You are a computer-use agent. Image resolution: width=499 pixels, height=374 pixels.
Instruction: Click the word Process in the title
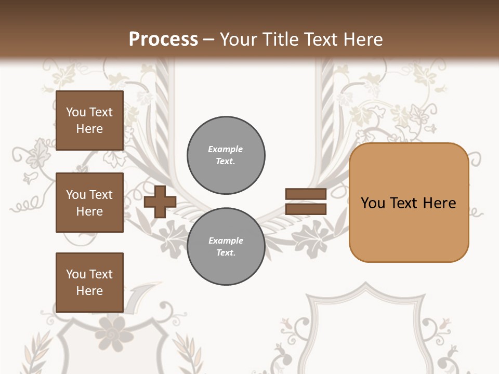[163, 39]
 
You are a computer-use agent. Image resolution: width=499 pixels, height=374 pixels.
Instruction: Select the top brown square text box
[89, 121]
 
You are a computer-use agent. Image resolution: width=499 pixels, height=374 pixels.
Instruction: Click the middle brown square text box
[89, 203]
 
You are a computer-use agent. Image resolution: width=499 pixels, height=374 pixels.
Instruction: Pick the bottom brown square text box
[89, 283]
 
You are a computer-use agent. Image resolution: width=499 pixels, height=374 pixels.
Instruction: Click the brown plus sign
[160, 203]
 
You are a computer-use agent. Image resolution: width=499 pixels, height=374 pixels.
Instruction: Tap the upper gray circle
[226, 155]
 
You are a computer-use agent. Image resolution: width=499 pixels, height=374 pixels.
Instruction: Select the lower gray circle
[226, 247]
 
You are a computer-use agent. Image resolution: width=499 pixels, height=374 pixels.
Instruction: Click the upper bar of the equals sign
[306, 194]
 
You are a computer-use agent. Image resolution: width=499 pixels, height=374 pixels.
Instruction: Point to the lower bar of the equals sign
[306, 209]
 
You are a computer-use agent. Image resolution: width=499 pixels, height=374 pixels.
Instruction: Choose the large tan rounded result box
[409, 203]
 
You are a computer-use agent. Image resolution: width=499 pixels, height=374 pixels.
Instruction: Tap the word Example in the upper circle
[225, 149]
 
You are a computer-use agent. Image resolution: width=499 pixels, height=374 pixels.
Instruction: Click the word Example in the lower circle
[225, 241]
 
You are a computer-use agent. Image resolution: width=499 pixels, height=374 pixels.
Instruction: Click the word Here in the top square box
[89, 129]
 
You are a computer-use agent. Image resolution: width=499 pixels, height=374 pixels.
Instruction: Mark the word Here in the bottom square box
[89, 291]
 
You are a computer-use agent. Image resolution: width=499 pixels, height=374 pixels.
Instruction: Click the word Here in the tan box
[439, 203]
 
